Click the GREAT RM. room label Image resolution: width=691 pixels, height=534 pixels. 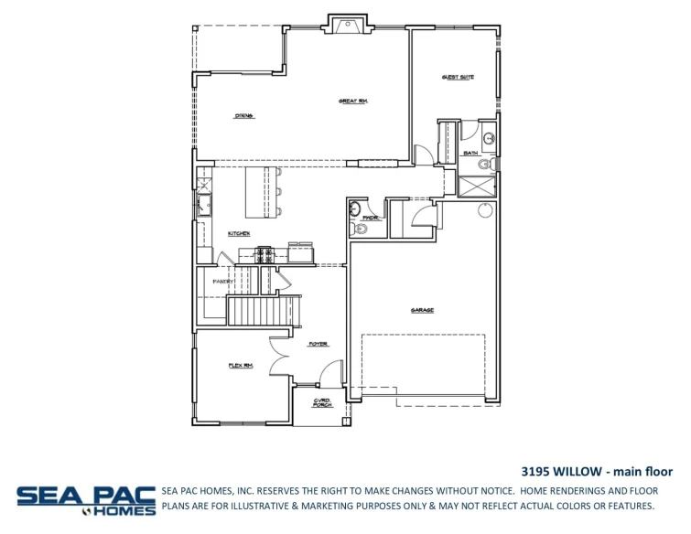pos(352,101)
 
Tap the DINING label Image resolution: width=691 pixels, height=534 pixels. pos(243,116)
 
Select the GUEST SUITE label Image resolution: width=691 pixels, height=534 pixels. pos(458,78)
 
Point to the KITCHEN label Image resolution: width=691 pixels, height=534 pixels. pos(239,234)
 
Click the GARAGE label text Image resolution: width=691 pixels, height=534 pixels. pos(422,310)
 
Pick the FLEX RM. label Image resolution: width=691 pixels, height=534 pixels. pos(240,365)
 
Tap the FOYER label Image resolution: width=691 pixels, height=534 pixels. pos(318,344)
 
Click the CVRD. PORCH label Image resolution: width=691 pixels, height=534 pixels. pos(322,402)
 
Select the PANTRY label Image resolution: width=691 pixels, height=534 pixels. pos(224,281)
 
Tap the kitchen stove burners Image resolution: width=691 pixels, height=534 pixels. pos(265,254)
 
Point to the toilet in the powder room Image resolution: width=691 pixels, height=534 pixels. pos(359,229)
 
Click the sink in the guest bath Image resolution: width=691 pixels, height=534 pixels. pos(489,139)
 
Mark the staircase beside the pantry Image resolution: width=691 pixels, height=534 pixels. pos(263,311)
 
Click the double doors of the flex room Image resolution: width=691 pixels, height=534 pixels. pos(279,348)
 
